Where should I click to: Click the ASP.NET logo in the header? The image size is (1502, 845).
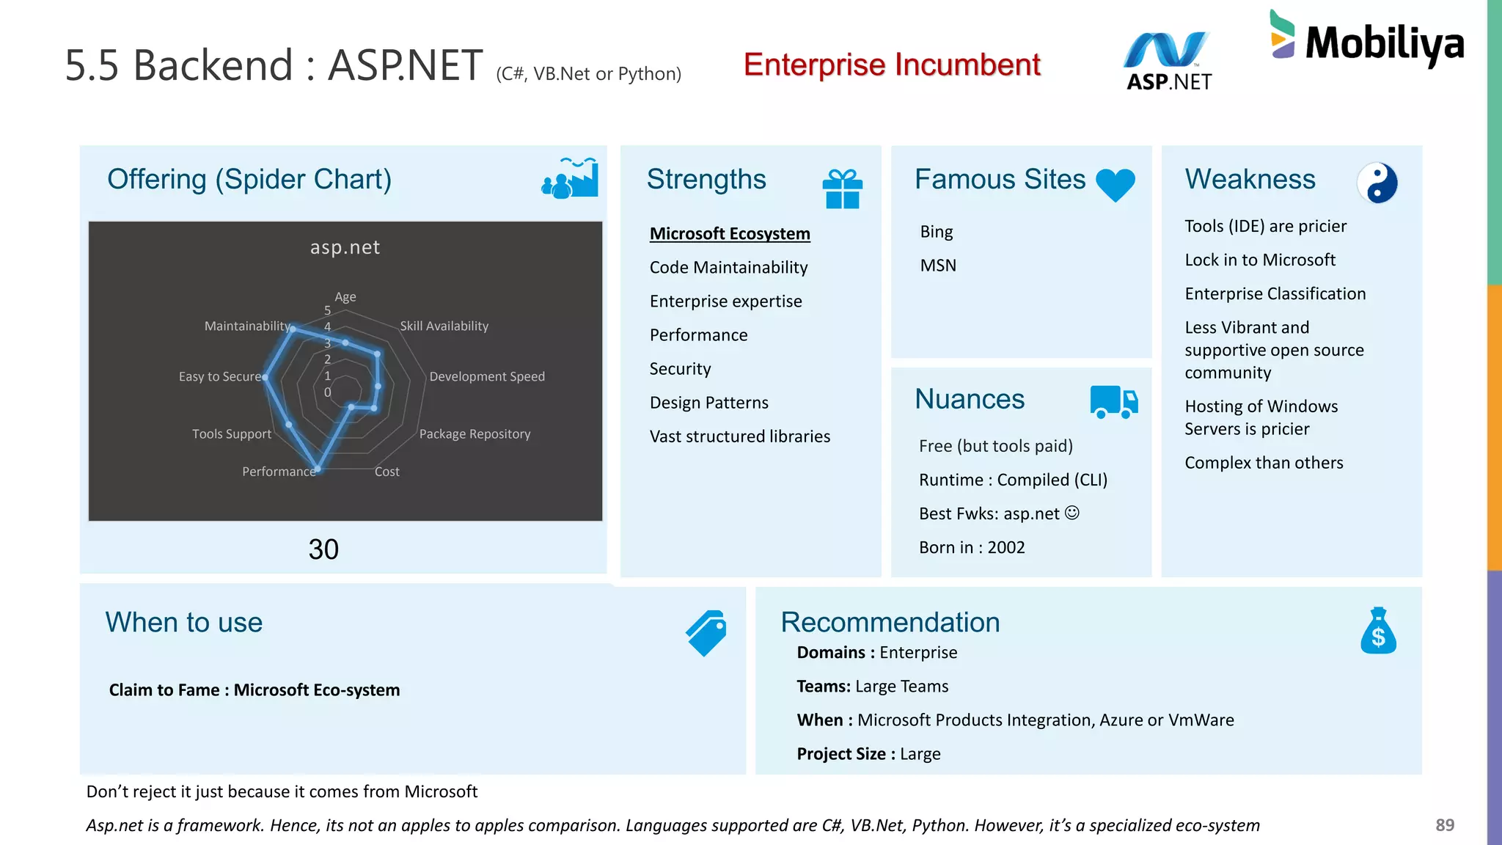click(x=1168, y=62)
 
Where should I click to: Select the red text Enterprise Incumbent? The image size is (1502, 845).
click(x=892, y=65)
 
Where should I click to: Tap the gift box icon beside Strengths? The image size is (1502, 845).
click(x=842, y=189)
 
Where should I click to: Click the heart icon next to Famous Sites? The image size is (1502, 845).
click(x=1115, y=185)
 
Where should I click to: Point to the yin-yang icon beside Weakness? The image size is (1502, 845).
click(x=1377, y=183)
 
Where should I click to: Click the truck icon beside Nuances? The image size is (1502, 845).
click(x=1113, y=402)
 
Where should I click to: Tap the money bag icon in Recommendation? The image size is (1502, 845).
click(x=1378, y=631)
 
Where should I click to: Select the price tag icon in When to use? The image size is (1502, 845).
click(x=706, y=633)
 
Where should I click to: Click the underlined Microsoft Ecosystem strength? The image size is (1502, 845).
click(x=730, y=234)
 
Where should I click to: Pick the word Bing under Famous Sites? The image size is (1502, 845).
click(x=937, y=232)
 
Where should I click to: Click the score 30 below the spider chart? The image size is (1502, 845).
click(x=323, y=549)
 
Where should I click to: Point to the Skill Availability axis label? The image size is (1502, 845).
click(x=444, y=326)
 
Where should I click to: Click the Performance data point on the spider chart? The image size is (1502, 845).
click(x=318, y=468)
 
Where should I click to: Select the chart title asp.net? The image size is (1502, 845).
click(x=345, y=247)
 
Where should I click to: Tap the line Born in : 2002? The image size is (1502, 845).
click(x=972, y=547)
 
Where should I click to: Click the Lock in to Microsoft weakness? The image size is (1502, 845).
click(x=1260, y=260)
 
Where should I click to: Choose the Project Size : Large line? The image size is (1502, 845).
click(x=868, y=754)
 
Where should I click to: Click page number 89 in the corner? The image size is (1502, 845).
click(x=1444, y=825)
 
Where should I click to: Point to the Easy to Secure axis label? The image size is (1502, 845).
click(x=220, y=376)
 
